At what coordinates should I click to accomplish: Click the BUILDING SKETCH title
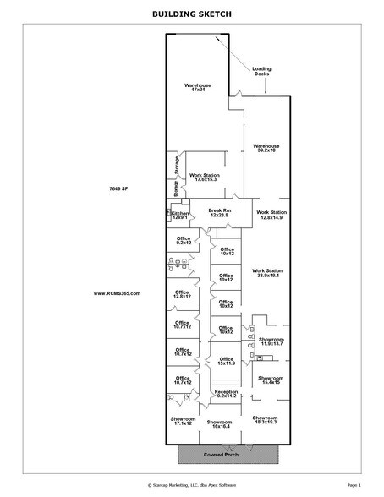point(191,14)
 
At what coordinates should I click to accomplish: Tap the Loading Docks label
point(262,72)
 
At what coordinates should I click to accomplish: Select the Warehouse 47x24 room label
point(198,88)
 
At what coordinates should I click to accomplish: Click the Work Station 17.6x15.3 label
point(202,177)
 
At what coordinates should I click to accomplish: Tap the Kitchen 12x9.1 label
point(180,216)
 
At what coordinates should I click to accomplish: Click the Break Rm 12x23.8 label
point(220,213)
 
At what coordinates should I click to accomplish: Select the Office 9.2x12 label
point(184,241)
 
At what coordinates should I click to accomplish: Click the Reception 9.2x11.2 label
point(226,393)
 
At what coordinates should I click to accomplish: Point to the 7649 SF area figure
point(118,187)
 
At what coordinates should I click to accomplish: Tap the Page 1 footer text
point(354,487)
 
